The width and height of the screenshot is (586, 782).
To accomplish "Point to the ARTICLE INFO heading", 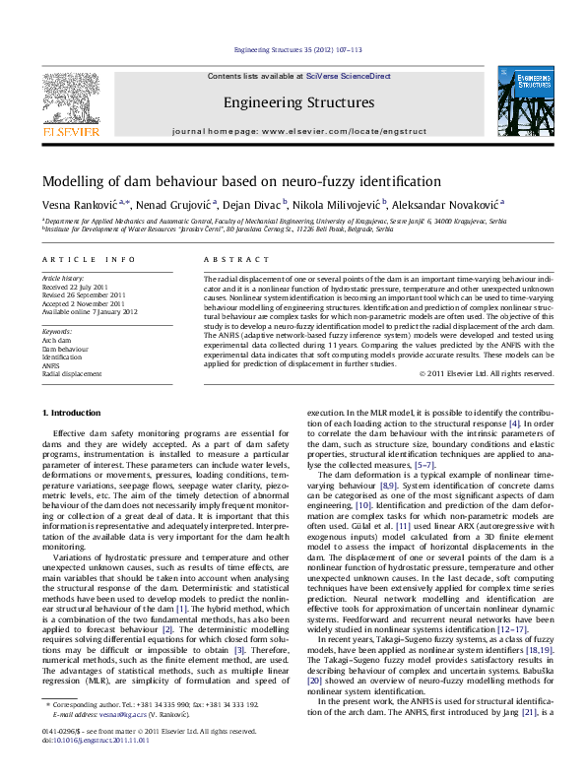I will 88,259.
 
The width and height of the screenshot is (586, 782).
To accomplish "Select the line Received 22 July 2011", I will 76,288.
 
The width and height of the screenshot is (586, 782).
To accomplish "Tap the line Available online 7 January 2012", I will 90,312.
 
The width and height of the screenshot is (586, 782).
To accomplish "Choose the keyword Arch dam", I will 57,340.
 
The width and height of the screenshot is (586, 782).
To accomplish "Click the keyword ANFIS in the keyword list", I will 52,365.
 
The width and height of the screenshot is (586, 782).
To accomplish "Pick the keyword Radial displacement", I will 71,374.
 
